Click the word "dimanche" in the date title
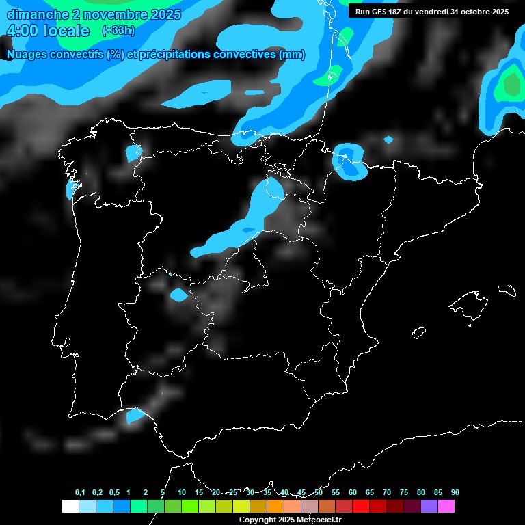click(36, 14)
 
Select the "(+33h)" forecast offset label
click(118, 31)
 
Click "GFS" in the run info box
click(379, 12)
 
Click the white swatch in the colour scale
click(70, 507)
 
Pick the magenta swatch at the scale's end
click(446, 507)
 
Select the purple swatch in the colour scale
click(429, 507)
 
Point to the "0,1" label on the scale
click(80, 493)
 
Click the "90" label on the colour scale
click(455, 493)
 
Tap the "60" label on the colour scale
click(352, 493)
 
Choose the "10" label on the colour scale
click(181, 493)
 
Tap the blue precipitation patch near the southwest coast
click(135, 415)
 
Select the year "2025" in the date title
click(165, 14)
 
